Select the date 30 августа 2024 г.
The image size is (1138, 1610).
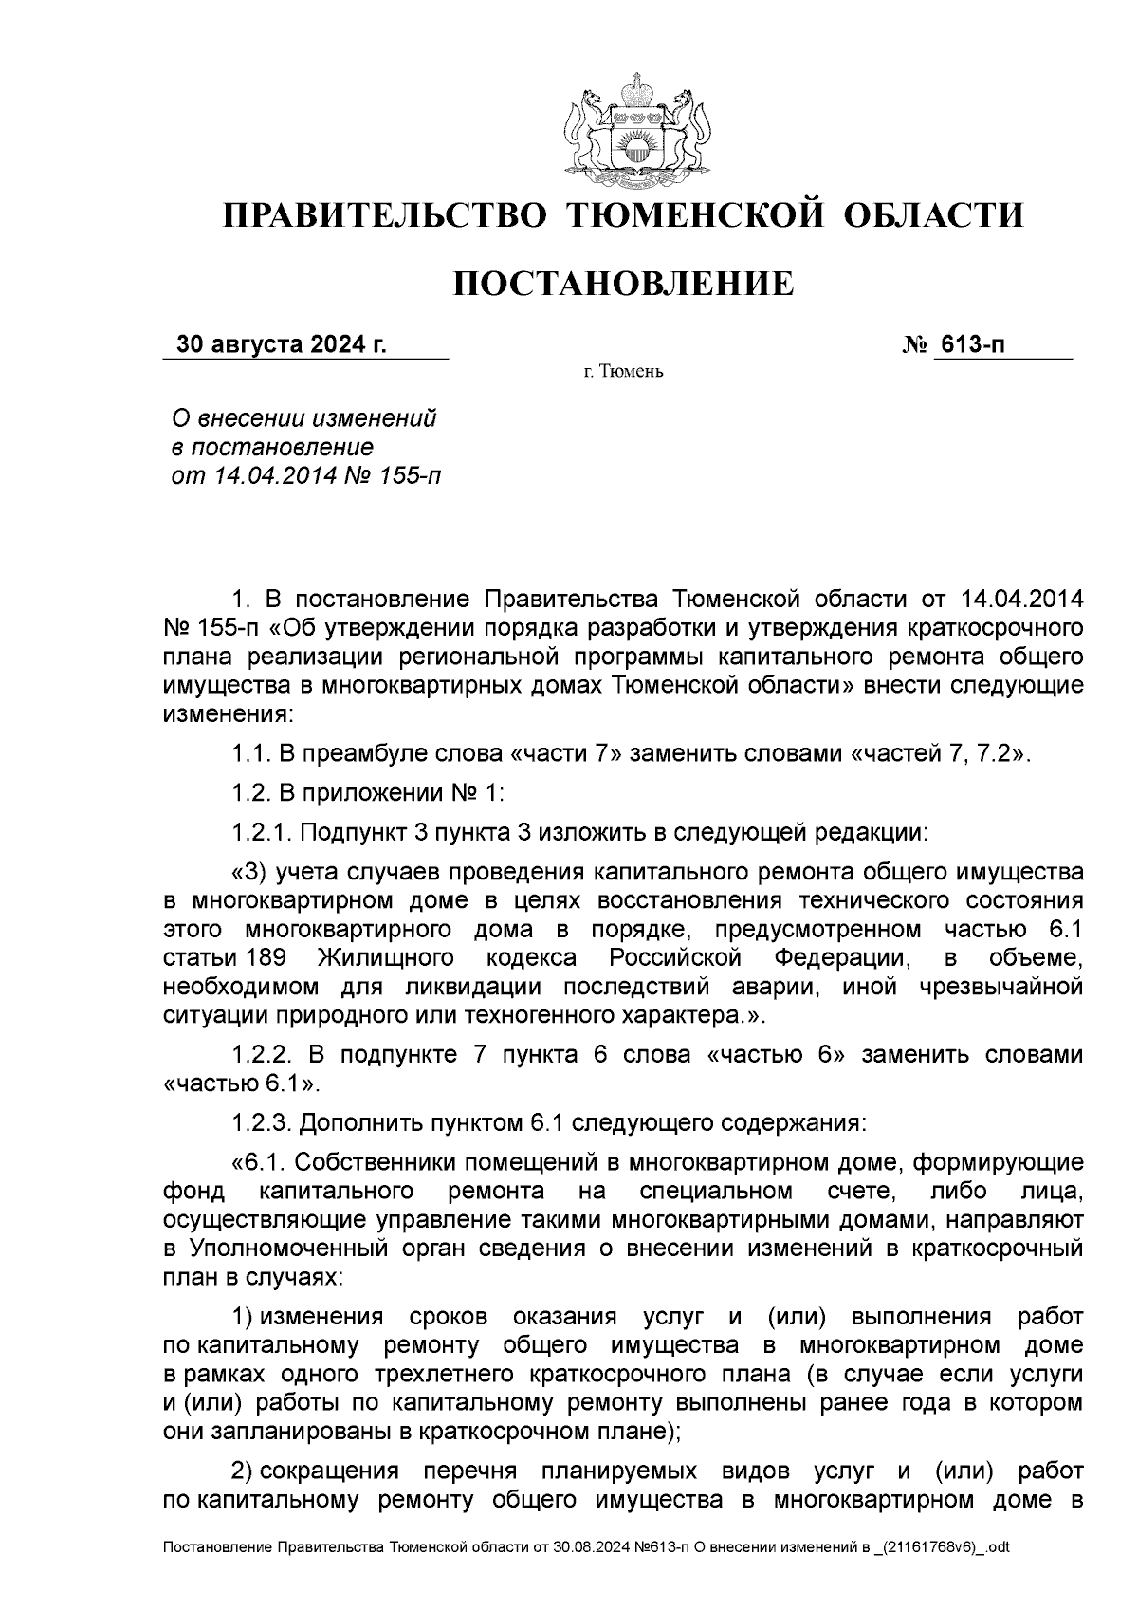[282, 344]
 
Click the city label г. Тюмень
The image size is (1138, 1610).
[623, 371]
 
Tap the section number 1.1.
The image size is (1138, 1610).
[250, 754]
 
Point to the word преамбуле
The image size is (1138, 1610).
[349, 754]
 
